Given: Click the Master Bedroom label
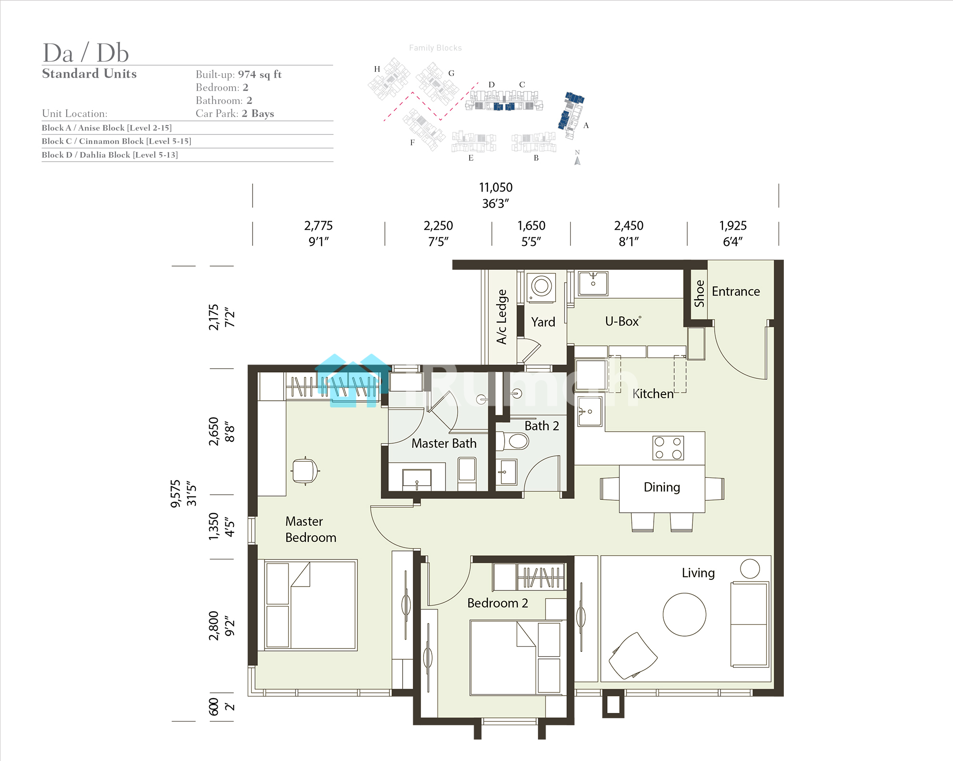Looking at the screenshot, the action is (x=311, y=529).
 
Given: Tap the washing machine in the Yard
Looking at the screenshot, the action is (x=541, y=287).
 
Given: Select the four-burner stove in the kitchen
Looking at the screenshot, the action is (x=668, y=448).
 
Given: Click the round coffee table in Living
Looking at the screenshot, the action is (x=684, y=614).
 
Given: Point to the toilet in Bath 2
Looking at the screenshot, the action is (x=513, y=441).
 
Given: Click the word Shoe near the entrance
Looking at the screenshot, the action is (x=699, y=294).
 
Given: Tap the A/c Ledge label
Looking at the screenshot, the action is (x=502, y=316).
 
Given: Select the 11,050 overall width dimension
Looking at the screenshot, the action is (x=496, y=187).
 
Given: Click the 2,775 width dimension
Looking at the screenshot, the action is (x=318, y=225).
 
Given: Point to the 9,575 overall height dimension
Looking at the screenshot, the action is (x=176, y=493).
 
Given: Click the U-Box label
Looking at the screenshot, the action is (x=623, y=322).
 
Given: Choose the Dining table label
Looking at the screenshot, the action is (x=662, y=487).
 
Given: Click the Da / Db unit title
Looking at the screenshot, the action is (x=86, y=52).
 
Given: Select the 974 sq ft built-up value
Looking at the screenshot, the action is (x=260, y=74).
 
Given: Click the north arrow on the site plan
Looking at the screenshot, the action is (x=578, y=161).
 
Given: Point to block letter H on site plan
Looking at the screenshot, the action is (x=377, y=69).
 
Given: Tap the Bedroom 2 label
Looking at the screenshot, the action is (x=497, y=603).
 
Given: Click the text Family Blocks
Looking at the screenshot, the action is (x=436, y=48).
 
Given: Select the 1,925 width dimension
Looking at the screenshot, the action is (x=733, y=225).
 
